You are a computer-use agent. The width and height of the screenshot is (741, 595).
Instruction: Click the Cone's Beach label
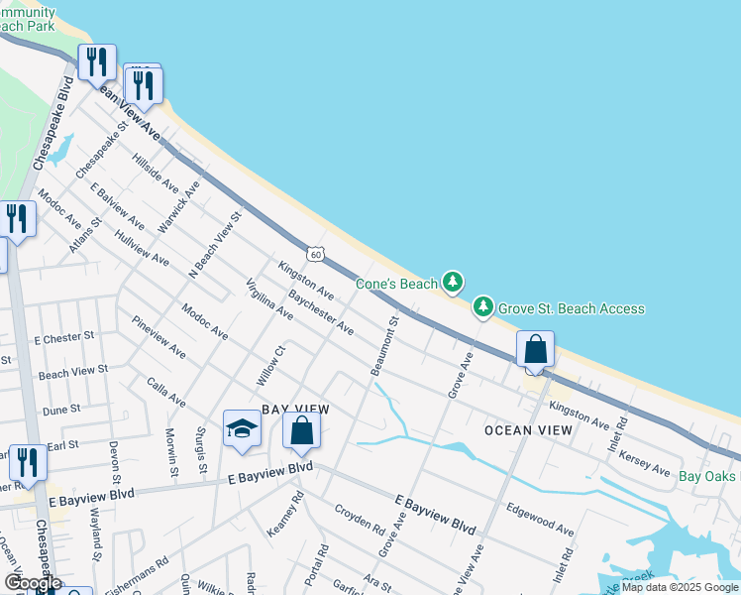pyautogui.click(x=396, y=284)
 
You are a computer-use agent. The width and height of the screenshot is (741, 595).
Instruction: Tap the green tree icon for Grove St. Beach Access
pyautogui.click(x=483, y=307)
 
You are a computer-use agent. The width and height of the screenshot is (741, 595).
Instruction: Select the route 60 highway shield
pyautogui.click(x=314, y=254)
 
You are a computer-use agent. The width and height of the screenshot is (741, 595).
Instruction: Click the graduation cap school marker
pyautogui.click(x=242, y=429)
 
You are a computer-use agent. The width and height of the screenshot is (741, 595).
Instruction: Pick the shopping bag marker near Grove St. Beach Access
pyautogui.click(x=535, y=350)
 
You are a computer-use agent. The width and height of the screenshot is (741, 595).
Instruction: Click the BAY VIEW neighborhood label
pyautogui.click(x=295, y=409)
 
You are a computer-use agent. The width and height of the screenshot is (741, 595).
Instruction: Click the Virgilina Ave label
pyautogui.click(x=269, y=298)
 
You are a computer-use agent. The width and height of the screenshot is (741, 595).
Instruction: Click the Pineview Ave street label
pyautogui.click(x=158, y=337)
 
